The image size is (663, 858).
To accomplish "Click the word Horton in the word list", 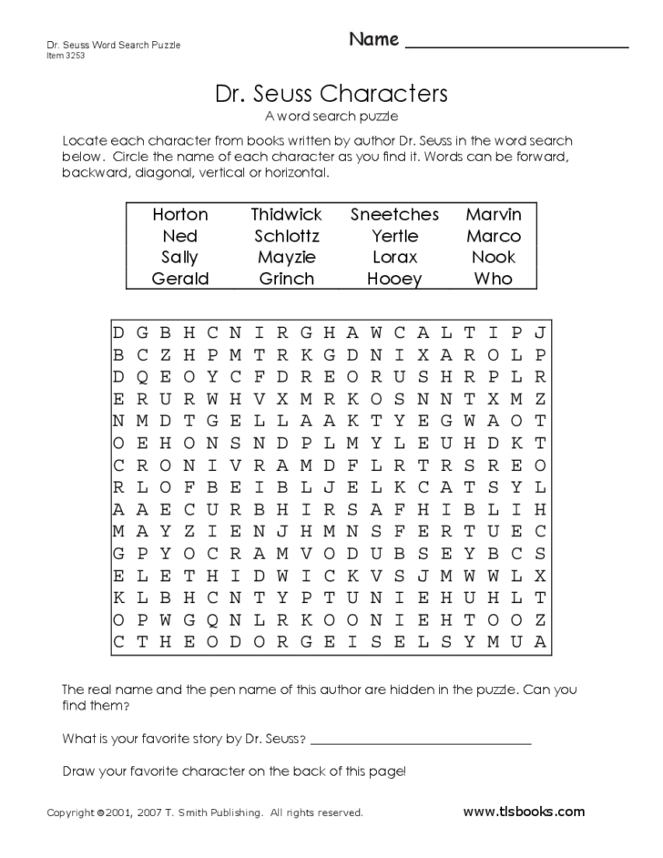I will coord(179,214).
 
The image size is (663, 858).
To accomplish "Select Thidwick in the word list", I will coord(286,214).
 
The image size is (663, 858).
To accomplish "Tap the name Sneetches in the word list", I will coord(394,214).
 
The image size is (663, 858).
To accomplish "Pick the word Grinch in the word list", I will coord(286,279).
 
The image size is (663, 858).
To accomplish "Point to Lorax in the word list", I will coord(394,257).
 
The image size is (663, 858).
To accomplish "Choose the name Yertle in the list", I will coord(394,236).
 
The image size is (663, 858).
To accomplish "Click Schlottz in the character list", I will coord(286,236).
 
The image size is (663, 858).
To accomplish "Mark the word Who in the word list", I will coord(493,279).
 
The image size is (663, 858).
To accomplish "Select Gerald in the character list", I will coord(179,279).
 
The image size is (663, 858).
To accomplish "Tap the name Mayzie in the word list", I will coord(286,257).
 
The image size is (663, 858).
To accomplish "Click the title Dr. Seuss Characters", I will coord(331,94).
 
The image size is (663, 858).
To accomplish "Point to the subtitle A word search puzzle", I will coord(331,117).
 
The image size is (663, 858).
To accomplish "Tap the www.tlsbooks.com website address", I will coord(524,812).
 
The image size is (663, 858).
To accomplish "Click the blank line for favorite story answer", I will coord(420,744).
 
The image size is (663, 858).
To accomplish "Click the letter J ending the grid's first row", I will coord(540,332).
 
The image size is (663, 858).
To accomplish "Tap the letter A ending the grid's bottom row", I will coord(540,642).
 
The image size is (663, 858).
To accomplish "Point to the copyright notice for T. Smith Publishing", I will coord(205,812).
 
